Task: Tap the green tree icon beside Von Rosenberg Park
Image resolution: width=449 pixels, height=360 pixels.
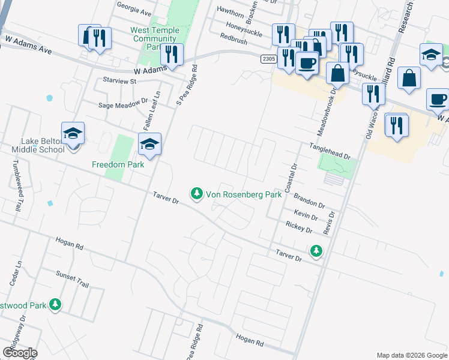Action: pos(196,194)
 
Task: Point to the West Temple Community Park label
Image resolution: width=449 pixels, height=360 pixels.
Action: pos(154,38)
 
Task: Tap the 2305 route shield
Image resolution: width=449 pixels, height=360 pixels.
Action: pos(269,58)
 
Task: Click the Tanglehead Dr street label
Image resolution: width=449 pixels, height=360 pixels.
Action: pos(330,151)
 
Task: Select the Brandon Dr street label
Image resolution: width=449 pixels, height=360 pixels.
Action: pos(309,200)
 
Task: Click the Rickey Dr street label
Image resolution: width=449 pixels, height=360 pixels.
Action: pos(300,227)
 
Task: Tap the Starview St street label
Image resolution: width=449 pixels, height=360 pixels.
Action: pos(120,80)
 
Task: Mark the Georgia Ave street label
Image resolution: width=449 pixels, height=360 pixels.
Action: pos(134,10)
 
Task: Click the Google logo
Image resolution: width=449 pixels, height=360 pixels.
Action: pos(20,353)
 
